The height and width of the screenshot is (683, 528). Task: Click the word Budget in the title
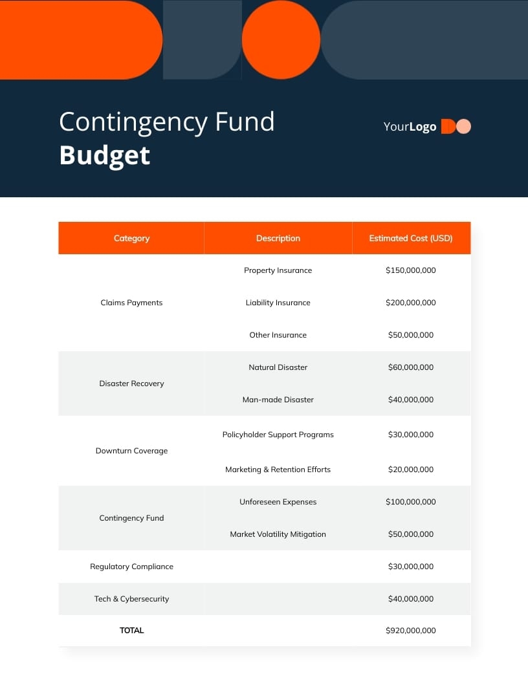[x=104, y=156]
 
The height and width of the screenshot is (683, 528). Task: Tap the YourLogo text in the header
[x=410, y=127]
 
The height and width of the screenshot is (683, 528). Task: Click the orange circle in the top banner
[x=281, y=39]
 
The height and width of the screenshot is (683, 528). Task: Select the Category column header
[x=131, y=238]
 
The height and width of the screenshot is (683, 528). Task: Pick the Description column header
[x=278, y=238]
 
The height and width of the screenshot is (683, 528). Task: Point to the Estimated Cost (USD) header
[x=411, y=238]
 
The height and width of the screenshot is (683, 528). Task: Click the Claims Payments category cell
[x=131, y=303]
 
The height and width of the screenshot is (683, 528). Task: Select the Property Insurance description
[x=278, y=270]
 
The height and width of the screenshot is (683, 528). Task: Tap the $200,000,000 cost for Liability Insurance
[x=411, y=303]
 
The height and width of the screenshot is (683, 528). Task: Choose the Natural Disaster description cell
[x=278, y=367]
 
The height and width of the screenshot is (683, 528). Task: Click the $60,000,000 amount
[x=411, y=367]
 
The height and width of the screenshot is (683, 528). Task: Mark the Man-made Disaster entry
[x=278, y=400]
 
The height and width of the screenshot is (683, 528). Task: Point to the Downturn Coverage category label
[x=131, y=451]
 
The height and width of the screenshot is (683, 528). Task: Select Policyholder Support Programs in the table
[x=278, y=435]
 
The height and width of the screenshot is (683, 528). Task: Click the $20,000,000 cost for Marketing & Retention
[x=411, y=470]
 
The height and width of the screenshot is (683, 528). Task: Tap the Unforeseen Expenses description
[x=278, y=502]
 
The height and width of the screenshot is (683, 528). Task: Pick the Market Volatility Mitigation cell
[x=278, y=534]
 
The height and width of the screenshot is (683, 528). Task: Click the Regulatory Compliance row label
[x=131, y=567]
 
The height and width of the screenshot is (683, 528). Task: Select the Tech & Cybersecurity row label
[x=131, y=599]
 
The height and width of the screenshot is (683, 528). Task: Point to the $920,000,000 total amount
[x=411, y=631]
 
